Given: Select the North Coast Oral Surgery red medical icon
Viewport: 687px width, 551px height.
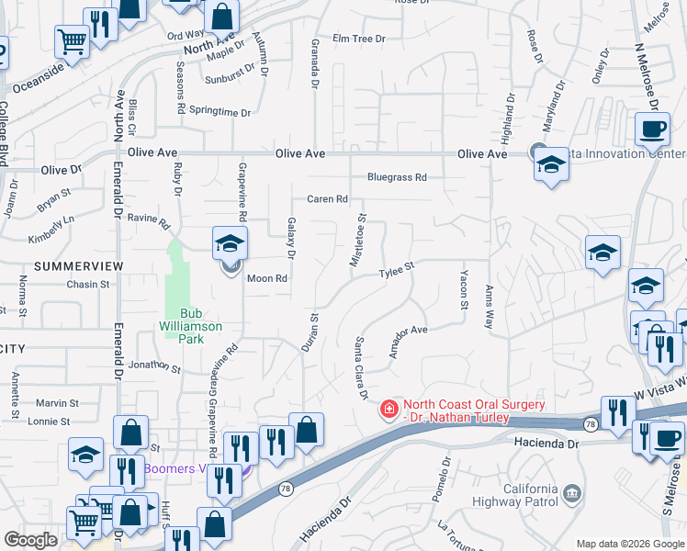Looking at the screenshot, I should pyautogui.click(x=389, y=408).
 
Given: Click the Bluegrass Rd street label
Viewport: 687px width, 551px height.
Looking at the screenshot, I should pyautogui.click(x=397, y=177).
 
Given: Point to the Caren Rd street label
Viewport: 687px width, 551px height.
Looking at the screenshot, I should pyautogui.click(x=327, y=198).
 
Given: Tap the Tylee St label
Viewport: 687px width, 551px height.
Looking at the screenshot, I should pyautogui.click(x=398, y=271).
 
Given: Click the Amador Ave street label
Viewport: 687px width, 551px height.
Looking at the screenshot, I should pyautogui.click(x=409, y=342).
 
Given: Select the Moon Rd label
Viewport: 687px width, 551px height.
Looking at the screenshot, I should pyautogui.click(x=267, y=278).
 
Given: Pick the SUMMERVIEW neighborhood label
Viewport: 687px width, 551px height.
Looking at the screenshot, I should pyautogui.click(x=79, y=265).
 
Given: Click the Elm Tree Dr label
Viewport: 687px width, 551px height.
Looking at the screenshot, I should pyautogui.click(x=359, y=39).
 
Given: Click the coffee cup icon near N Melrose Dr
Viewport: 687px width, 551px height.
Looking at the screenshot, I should pyautogui.click(x=652, y=129).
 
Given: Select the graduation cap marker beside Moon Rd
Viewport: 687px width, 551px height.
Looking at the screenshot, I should pyautogui.click(x=230, y=243).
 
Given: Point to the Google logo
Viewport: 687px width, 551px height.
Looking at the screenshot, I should pyautogui.click(x=30, y=540).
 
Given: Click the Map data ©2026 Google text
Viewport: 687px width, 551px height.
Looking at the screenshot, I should pyautogui.click(x=629, y=544).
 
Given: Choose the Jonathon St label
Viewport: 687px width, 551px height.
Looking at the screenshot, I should pyautogui.click(x=153, y=366).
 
